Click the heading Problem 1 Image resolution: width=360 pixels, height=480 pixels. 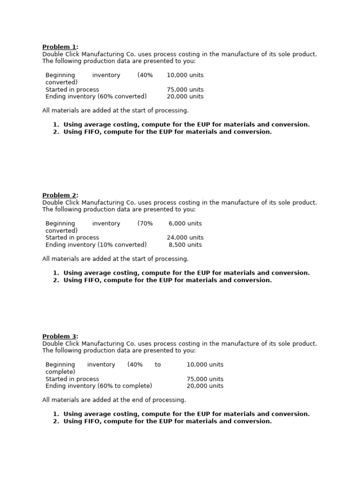60,47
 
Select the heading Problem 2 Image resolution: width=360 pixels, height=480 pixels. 60,195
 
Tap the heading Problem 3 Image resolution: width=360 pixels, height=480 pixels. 60,337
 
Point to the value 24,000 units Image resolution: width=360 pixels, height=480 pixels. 185,238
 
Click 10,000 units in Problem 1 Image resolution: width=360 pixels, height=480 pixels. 185,75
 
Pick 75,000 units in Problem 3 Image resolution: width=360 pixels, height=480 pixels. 205,379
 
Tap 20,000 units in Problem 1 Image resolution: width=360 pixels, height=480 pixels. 185,97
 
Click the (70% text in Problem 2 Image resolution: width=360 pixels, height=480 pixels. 145,224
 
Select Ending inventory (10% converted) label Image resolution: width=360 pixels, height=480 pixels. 96,245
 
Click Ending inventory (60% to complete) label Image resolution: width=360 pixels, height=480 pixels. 99,386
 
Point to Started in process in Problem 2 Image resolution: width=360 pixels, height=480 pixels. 72,238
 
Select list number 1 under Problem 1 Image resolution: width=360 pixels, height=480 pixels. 55,125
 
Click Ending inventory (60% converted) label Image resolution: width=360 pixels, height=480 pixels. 96,97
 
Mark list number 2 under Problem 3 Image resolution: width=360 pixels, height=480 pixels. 55,421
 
